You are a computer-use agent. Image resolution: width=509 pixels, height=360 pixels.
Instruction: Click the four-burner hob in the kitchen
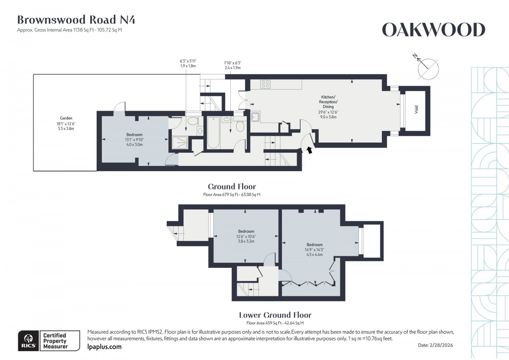click(x=266, y=84)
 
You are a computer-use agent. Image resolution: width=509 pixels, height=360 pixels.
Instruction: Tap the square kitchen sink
click(x=256, y=117)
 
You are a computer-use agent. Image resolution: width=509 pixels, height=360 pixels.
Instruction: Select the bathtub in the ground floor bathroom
click(x=213, y=132)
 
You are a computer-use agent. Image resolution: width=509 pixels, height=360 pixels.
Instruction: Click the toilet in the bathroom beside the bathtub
click(x=240, y=127)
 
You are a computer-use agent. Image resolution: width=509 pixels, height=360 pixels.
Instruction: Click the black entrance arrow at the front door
click(x=310, y=149)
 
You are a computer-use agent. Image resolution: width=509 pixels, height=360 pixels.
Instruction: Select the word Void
click(x=417, y=110)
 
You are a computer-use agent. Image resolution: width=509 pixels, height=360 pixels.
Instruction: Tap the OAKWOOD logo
click(x=433, y=30)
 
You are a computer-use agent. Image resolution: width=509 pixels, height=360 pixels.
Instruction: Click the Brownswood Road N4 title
click(x=76, y=20)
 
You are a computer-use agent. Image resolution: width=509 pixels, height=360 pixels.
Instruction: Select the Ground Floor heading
click(x=232, y=186)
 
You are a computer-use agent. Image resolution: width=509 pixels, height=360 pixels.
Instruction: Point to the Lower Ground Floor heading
click(x=275, y=315)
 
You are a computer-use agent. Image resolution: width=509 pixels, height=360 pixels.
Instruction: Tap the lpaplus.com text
click(x=104, y=347)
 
